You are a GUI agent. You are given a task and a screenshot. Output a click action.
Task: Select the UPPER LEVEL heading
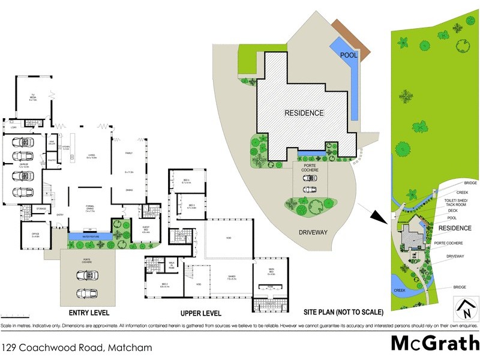click(x=200, y=313)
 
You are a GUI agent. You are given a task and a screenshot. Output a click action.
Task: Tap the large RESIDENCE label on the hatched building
click(x=304, y=113)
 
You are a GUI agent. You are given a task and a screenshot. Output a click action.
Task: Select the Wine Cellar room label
click(x=52, y=143)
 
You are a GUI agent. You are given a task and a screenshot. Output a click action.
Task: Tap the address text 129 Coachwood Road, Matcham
click(x=76, y=347)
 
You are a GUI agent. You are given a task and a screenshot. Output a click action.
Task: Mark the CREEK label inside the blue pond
click(x=400, y=290)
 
